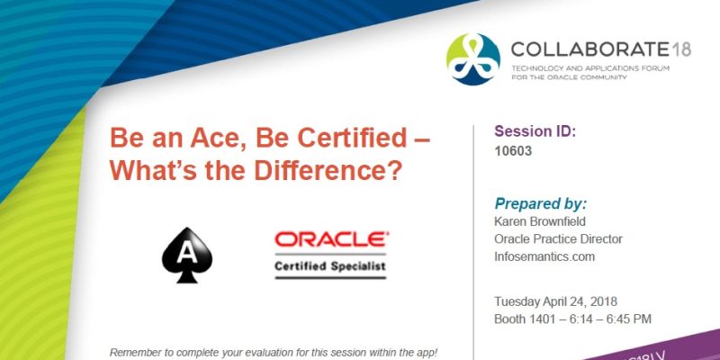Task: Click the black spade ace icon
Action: pyautogui.click(x=186, y=255)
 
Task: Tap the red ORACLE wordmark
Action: pyautogui.click(x=331, y=240)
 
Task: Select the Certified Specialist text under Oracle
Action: pyautogui.click(x=331, y=267)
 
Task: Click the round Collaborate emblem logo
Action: pyautogui.click(x=472, y=58)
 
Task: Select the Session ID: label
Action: pyautogui.click(x=535, y=131)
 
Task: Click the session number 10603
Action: pyautogui.click(x=513, y=151)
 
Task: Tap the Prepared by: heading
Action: pyautogui.click(x=540, y=203)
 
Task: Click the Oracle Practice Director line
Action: pyautogui.click(x=558, y=239)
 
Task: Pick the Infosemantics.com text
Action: pyautogui.click(x=544, y=256)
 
